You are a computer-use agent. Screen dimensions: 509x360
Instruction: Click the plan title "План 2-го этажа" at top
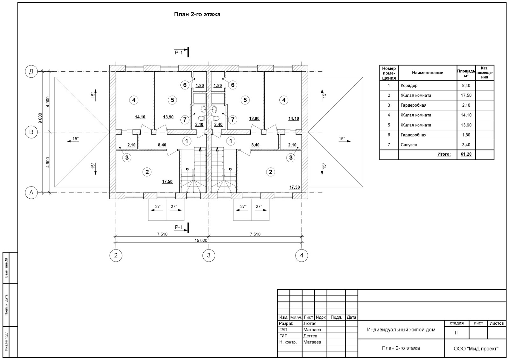197,14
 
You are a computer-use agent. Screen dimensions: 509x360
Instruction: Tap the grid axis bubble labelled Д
31,71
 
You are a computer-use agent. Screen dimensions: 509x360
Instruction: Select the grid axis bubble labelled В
31,132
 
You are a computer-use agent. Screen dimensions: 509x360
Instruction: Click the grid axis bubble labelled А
31,193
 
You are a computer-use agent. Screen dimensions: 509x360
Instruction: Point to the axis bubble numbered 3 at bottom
209,255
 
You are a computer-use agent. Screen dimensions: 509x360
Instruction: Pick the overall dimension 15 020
201,240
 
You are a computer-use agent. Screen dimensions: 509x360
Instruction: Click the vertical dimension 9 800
40,118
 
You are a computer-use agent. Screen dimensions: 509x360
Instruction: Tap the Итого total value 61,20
466,154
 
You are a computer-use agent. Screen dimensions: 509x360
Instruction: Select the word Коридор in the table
409,86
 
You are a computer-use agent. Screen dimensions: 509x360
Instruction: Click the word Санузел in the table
409,145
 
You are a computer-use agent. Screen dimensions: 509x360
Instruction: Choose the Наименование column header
428,73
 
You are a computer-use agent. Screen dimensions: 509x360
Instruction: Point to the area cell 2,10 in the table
466,105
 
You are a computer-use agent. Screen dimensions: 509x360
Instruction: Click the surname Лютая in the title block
310,323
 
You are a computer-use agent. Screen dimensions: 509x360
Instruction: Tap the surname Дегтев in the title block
310,336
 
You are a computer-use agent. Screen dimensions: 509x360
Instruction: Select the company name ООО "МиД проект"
476,349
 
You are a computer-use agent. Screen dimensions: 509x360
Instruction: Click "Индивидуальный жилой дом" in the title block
401,329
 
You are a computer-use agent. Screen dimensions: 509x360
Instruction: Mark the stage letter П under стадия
457,333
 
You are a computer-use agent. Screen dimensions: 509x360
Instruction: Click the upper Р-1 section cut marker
181,53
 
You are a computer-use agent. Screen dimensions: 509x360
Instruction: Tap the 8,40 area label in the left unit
162,145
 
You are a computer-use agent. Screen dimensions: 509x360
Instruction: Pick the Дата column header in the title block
351,317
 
